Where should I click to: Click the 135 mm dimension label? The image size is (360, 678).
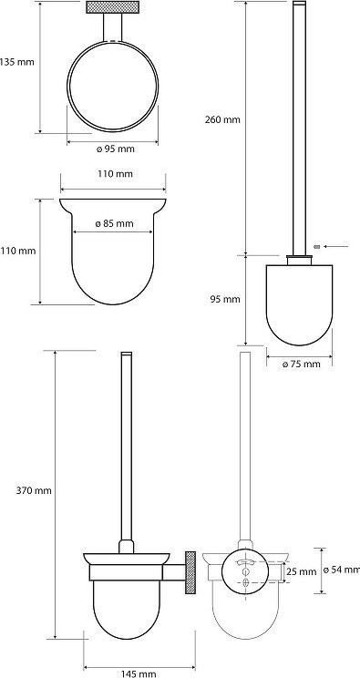point(17,62)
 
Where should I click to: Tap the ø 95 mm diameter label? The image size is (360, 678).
point(115,149)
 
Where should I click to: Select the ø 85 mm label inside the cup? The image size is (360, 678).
point(114,223)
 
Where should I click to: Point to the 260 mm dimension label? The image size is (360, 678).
point(222,119)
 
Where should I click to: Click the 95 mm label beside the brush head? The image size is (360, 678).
point(225,299)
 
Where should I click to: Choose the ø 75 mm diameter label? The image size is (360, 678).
point(302,365)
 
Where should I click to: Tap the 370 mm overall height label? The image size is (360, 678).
point(34,491)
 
